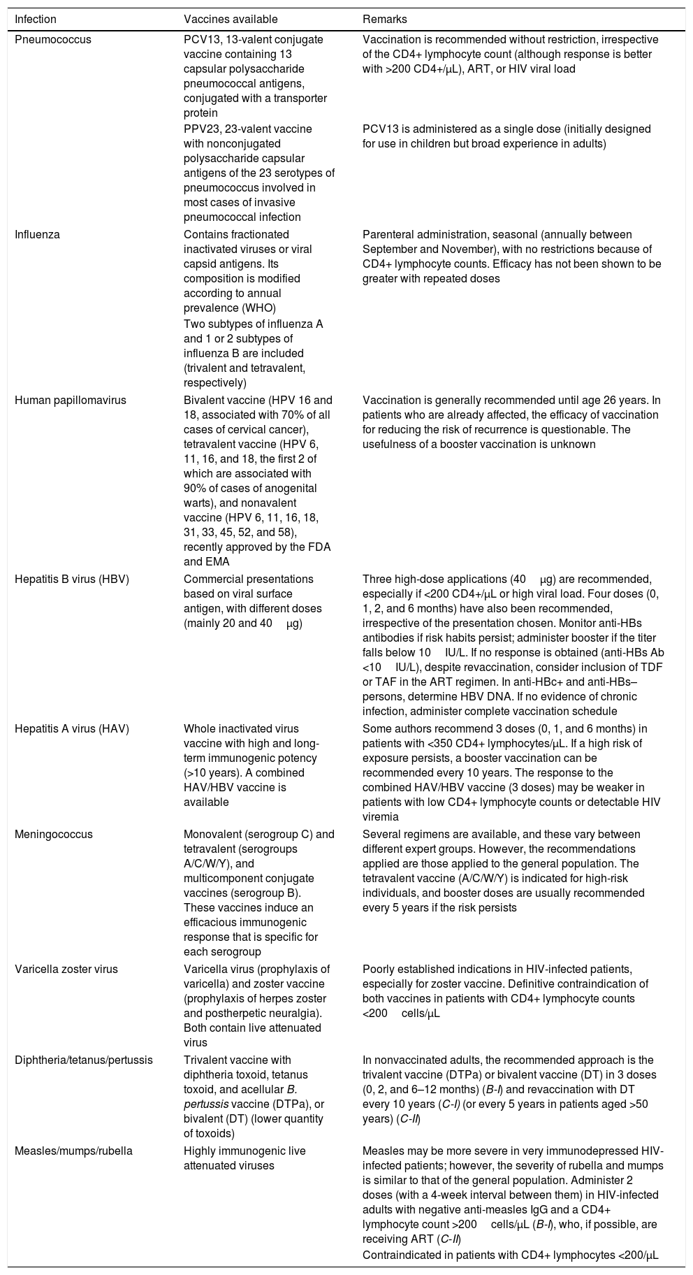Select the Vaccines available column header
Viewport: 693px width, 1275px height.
click(x=231, y=20)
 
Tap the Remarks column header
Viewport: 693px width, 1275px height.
click(x=384, y=20)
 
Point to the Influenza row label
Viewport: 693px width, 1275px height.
click(x=38, y=234)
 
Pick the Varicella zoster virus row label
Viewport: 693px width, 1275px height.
click(x=66, y=969)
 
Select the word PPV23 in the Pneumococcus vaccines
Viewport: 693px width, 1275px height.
click(x=200, y=129)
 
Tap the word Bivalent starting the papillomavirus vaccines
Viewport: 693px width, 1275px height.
click(x=204, y=400)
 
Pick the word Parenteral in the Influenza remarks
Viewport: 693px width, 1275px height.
click(x=388, y=234)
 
